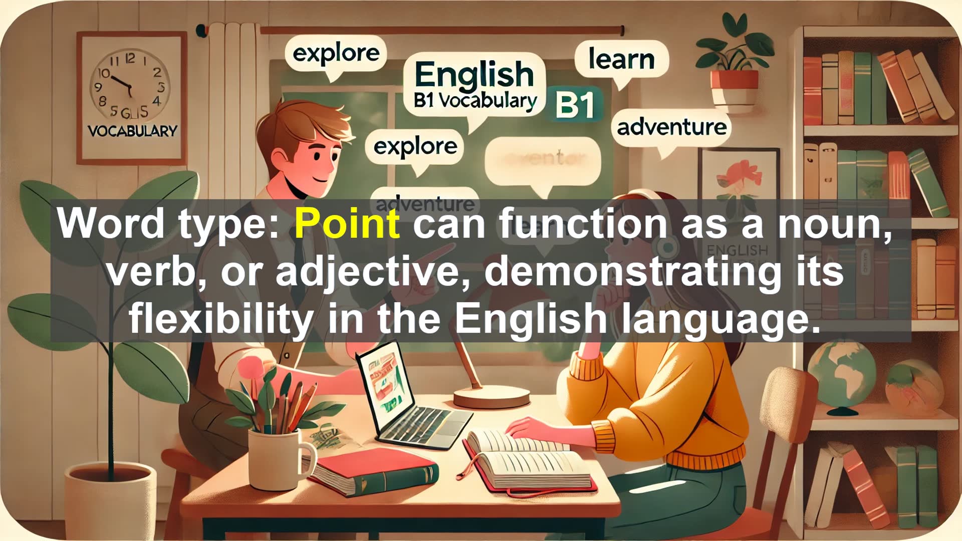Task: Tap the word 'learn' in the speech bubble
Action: pyautogui.click(x=621, y=59)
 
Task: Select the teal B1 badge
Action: pyautogui.click(x=575, y=105)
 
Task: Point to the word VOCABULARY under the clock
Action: pyautogui.click(x=132, y=131)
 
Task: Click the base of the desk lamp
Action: pyautogui.click(x=491, y=398)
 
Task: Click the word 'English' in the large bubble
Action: pyautogui.click(x=474, y=75)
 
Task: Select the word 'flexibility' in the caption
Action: pyautogui.click(x=221, y=319)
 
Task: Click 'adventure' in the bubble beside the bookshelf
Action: pyautogui.click(x=671, y=127)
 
